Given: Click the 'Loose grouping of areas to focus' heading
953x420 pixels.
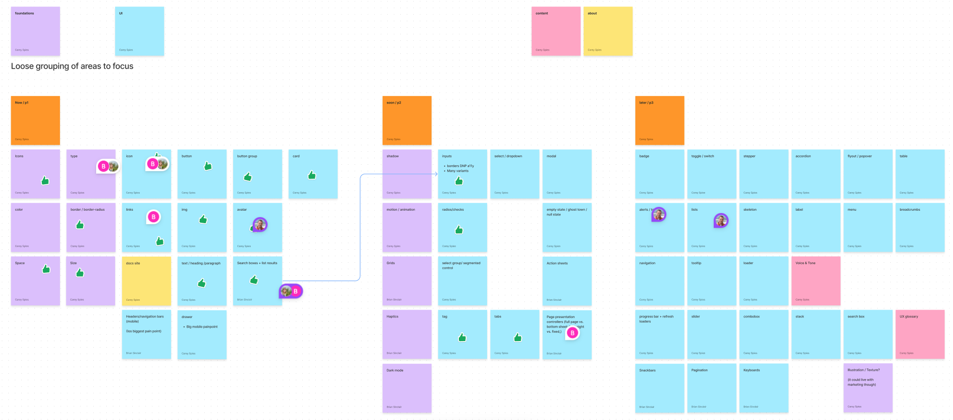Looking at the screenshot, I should pos(72,66).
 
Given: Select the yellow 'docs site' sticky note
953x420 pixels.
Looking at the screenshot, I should pos(146,281).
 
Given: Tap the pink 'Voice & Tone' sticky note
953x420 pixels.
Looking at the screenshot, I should pos(816,281).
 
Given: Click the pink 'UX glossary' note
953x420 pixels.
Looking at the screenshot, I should pos(920,334).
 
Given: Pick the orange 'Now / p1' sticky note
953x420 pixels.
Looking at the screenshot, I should pos(35,120).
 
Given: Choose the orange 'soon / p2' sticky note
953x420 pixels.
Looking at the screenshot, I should pos(407,120).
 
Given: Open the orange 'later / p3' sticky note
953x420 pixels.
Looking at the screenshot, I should pos(659,120).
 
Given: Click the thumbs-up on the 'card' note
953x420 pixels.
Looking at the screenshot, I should pos(312,175).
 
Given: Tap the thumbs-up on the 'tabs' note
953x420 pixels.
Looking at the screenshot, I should pos(518,337).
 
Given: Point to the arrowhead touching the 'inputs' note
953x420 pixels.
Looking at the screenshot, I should pos(436,174).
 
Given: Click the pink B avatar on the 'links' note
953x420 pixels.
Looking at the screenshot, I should pos(153,217).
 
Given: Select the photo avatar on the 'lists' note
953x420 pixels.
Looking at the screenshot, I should pos(721,220).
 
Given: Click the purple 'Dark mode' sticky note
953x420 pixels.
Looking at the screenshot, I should pos(407,388).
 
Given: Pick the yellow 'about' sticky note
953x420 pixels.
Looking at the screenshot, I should pos(608,31).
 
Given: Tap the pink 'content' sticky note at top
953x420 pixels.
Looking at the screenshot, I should pos(556,31).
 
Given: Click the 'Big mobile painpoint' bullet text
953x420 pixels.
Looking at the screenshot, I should pos(202,327).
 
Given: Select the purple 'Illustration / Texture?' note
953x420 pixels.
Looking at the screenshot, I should pos(868,388).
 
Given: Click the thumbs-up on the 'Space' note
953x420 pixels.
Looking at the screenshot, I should pos(46,269).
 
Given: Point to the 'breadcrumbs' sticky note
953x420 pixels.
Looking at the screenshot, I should pos(920,227).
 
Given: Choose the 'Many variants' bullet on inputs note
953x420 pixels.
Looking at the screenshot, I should pos(457,171).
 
